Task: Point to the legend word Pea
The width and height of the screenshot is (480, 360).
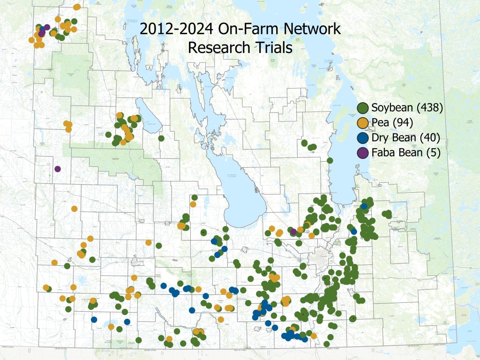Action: [381, 123]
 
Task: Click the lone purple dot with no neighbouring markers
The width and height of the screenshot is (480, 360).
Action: [58, 169]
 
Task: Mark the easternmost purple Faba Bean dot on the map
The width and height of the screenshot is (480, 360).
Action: [293, 232]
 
